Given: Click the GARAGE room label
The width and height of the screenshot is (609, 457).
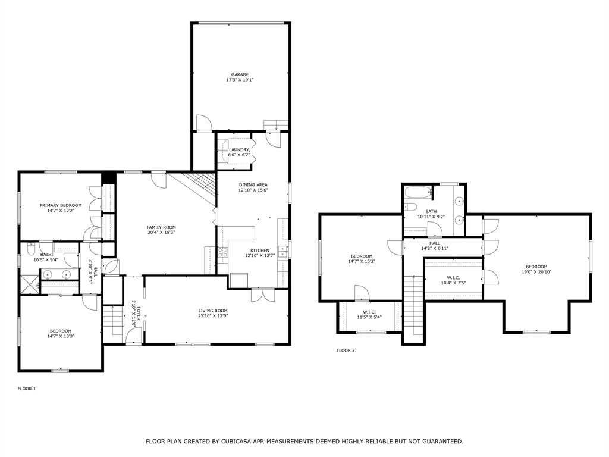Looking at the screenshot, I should pos(240,74).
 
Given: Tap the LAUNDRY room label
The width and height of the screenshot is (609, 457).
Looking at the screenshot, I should pos(239,150).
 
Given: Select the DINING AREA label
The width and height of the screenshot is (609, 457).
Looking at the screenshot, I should pos(253,184).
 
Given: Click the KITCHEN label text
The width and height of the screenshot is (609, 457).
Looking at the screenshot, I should pos(260,251).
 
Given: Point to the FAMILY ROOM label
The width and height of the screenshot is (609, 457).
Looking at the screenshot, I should pos(161,227).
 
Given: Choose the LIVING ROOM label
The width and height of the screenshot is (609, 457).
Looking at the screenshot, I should pos(213,311).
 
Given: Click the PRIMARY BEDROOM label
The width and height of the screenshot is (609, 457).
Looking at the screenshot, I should pos(61,205).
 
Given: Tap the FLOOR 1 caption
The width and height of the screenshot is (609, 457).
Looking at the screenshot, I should pos(27,389).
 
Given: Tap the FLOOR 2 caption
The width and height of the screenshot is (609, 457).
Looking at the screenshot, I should pos(346,350).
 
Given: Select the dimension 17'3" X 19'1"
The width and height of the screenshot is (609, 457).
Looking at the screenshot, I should pos(240,80).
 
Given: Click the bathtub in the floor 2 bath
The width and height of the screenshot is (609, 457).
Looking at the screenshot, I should pos(418,192).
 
